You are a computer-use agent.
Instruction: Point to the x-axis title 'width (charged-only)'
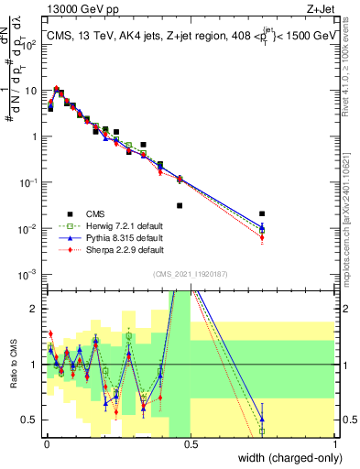[x=288, y=459]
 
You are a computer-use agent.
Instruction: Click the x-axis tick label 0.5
[x=191, y=442]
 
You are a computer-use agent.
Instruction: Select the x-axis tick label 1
[x=335, y=442]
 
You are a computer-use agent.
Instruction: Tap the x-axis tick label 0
[x=46, y=442]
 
